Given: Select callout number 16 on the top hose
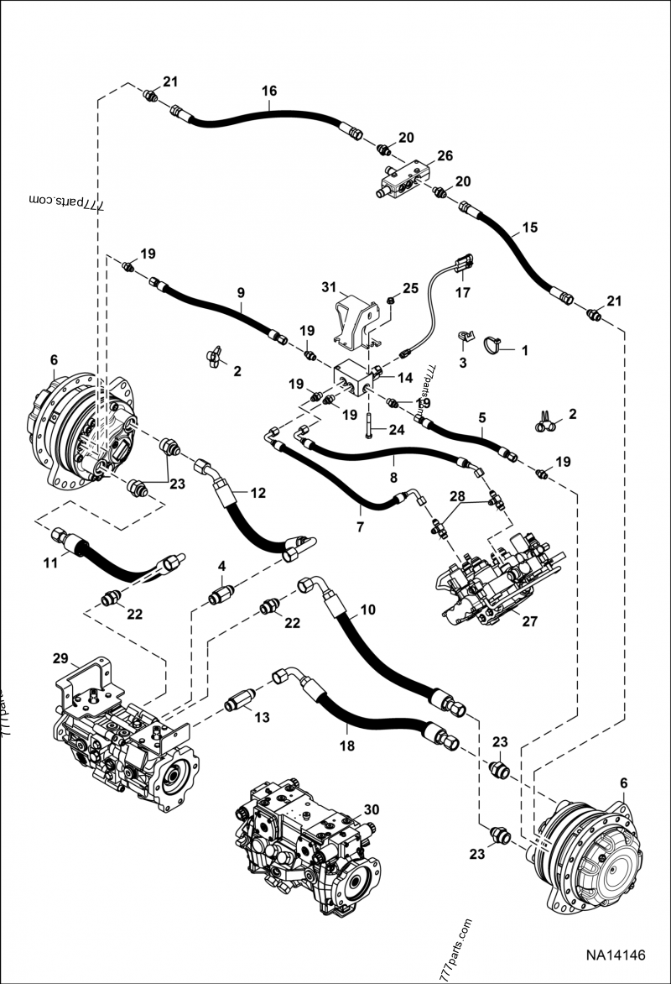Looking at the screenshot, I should click(x=268, y=91).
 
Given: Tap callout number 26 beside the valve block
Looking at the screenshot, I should click(x=445, y=155).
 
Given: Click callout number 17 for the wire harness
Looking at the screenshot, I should click(x=463, y=293).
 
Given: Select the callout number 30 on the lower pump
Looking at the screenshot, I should click(x=372, y=809).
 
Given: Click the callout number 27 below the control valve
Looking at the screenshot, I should click(x=529, y=622).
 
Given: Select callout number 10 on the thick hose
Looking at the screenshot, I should click(x=368, y=611).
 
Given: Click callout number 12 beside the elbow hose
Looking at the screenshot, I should click(x=258, y=493).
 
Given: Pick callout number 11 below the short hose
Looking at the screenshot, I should click(x=50, y=563).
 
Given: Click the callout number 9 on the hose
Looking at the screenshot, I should click(x=240, y=293).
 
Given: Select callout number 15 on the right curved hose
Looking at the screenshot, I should click(x=529, y=228).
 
